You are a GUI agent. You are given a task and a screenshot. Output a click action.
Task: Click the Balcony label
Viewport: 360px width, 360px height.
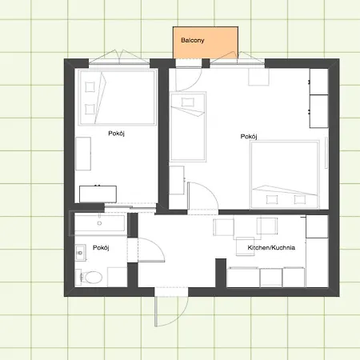tap(193, 40)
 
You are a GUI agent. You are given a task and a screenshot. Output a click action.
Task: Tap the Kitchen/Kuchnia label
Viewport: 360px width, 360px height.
tap(271, 247)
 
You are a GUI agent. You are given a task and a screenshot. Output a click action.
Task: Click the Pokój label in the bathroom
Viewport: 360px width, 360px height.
tap(101, 248)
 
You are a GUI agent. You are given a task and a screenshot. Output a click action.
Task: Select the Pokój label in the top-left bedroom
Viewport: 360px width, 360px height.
tap(116, 134)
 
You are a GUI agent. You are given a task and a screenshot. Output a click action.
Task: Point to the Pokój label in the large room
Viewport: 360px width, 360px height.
tap(249, 137)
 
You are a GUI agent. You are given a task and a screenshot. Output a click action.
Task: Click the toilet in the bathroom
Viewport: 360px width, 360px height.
tap(90, 278)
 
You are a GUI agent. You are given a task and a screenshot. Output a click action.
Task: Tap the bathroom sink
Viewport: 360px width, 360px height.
tap(80, 252)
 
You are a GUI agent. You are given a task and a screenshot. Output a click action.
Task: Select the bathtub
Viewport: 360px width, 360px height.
tap(99, 223)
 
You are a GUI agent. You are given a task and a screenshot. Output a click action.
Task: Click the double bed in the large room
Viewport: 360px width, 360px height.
tap(285, 174)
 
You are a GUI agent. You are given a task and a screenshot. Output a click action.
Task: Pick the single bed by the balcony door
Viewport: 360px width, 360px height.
tap(188, 126)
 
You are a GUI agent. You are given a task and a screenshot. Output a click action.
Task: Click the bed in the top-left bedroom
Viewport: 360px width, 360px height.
tap(117, 97)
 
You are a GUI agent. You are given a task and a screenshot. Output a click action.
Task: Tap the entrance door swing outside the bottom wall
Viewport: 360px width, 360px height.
tap(171, 310)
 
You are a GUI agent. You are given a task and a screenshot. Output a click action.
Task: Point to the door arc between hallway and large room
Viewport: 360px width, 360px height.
tap(210, 190)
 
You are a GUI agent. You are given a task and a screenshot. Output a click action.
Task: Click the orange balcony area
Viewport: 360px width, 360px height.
tap(206, 42)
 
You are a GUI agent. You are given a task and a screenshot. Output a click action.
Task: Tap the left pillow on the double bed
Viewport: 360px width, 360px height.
tap(272, 199)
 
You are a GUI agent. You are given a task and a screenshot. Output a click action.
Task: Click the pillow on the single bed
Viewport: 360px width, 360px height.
tap(188, 102)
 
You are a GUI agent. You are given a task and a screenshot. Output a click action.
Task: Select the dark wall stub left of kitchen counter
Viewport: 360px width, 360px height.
tap(221, 273)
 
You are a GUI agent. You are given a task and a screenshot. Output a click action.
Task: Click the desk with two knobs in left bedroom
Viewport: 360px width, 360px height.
tap(98, 194)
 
